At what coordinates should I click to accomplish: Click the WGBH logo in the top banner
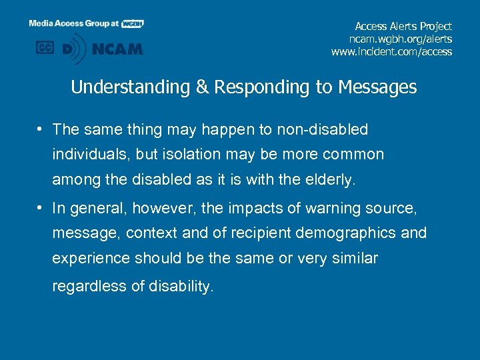coord(132,23)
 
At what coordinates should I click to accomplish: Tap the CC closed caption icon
coord(45,48)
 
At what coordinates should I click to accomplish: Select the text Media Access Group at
coord(73,23)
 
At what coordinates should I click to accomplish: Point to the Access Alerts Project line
coord(403,26)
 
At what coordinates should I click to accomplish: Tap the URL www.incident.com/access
coord(391,51)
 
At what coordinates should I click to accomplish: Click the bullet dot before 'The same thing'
coord(41,129)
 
